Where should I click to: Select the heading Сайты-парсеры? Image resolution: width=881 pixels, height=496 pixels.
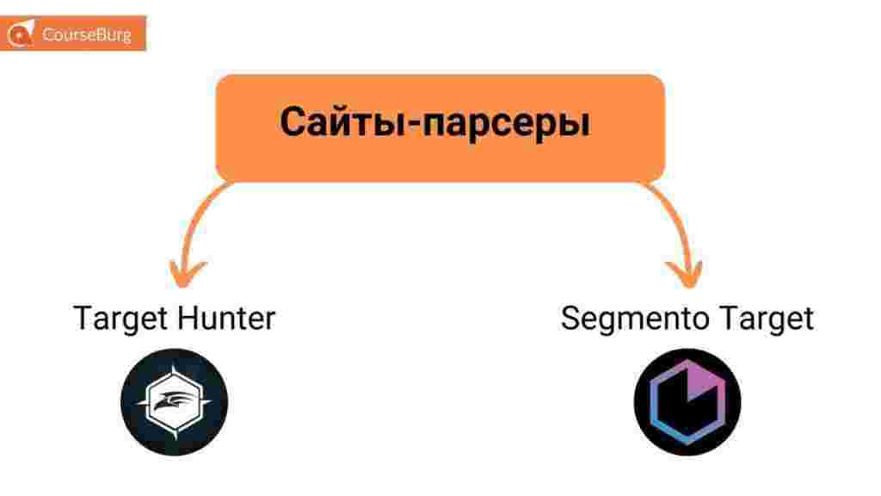(x=435, y=122)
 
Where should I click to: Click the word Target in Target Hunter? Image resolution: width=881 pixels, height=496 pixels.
(x=120, y=319)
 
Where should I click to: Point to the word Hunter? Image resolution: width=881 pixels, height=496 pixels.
(x=226, y=319)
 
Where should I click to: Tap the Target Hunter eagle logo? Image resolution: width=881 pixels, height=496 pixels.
(x=175, y=402)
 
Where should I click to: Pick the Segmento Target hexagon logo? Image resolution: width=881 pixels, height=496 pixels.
(x=687, y=402)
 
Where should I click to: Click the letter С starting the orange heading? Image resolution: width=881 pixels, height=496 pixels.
(x=293, y=122)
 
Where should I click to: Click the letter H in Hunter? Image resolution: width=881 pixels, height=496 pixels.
(x=187, y=319)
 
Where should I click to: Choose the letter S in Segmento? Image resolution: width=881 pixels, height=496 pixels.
(x=571, y=319)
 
